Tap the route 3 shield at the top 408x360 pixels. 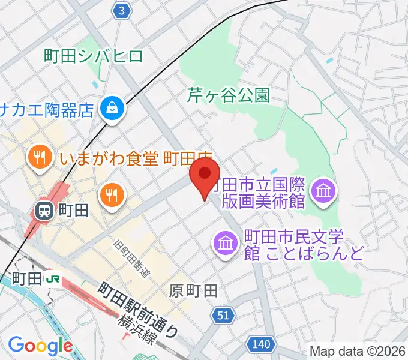click(122, 10)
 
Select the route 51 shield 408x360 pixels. click(223, 316)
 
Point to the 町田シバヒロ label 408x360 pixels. click(94, 56)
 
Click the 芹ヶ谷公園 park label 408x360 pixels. click(229, 94)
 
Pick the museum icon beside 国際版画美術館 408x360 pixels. click(324, 191)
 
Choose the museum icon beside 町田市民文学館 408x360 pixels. click(226, 243)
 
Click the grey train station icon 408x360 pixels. click(44, 210)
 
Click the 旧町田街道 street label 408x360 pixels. click(132, 259)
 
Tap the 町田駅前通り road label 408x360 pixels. click(139, 308)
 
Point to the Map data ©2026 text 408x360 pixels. click(358, 351)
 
